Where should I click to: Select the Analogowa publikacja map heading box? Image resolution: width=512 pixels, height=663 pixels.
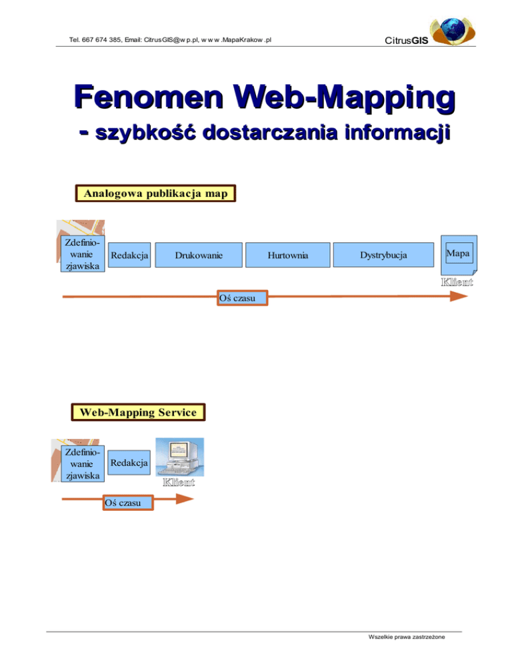coord(156,194)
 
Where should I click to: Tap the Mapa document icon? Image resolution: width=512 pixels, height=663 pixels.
coord(457,255)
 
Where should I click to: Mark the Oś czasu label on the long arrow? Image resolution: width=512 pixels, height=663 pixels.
coord(243,297)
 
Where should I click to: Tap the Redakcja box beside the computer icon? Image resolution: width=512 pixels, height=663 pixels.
coord(129,462)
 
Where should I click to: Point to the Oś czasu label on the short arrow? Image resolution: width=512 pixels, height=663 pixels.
coord(127,502)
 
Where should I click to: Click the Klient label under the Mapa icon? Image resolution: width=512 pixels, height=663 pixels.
coord(457,282)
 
